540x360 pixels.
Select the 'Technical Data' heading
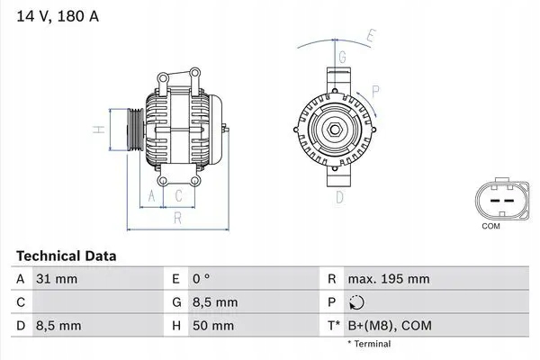[x=66, y=256]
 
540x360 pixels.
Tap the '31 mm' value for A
[x=57, y=280]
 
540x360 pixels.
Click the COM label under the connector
[x=490, y=226]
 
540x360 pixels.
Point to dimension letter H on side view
[x=103, y=129]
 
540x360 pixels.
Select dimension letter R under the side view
[x=178, y=217]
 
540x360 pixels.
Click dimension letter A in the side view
[x=152, y=195]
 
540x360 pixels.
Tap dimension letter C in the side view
[x=179, y=195]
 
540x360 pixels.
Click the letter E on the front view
[x=370, y=36]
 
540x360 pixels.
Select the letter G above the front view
[x=342, y=57]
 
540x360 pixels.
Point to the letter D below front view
[x=340, y=197]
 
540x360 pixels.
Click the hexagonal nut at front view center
[x=334, y=131]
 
